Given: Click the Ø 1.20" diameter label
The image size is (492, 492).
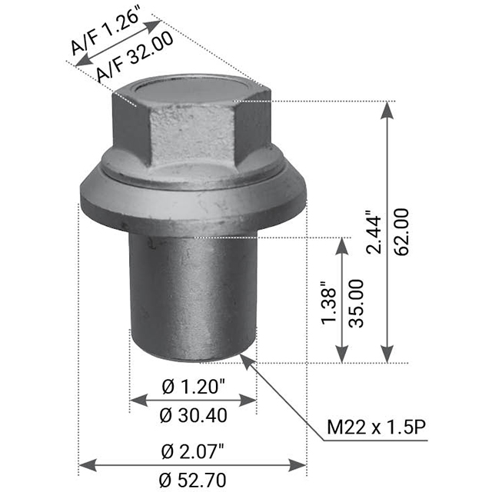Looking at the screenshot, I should [194, 386].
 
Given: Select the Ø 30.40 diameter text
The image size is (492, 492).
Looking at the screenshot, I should [194, 415].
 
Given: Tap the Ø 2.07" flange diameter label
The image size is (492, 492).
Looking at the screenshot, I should [194, 450].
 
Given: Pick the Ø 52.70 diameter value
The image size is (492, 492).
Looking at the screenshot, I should [194, 480].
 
